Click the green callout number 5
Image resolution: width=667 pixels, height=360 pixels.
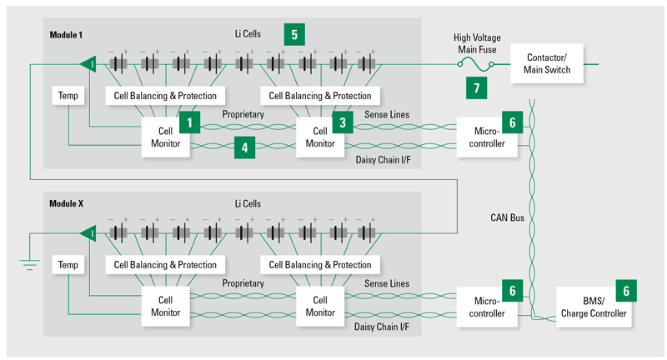[294, 34]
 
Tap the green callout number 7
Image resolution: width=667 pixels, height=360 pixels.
[476, 88]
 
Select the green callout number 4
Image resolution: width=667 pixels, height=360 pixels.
[244, 147]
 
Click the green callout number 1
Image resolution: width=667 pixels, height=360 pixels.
[190, 122]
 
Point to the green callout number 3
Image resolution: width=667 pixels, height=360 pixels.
[343, 122]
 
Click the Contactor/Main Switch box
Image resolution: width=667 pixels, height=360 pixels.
[547, 64]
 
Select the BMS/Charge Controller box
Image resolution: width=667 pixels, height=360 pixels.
[594, 307]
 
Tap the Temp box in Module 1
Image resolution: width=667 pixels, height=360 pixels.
[68, 95]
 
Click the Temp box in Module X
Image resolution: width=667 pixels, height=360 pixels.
[68, 264]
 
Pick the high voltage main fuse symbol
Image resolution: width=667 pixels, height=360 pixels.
[475, 65]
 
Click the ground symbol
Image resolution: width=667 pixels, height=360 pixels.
[30, 265]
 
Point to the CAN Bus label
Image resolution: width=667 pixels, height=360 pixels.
[507, 217]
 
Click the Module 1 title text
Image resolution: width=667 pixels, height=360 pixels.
[66, 35]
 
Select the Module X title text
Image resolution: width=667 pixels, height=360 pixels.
[67, 203]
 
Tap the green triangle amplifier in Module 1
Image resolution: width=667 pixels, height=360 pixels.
[88, 64]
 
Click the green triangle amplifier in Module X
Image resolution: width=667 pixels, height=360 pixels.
[88, 233]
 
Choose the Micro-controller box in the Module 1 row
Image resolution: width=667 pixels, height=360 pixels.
[487, 137]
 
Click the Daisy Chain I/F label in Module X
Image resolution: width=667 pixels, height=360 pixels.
[382, 327]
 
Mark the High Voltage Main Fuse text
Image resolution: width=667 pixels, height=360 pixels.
[477, 43]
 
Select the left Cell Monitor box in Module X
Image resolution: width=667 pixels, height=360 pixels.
[165, 306]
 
